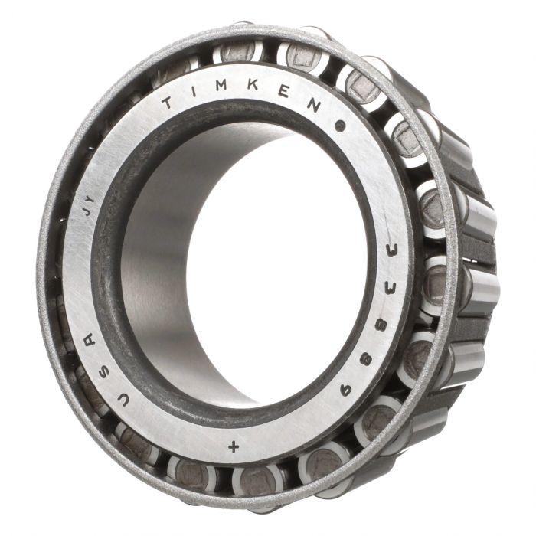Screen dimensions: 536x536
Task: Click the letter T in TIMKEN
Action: click(168, 102)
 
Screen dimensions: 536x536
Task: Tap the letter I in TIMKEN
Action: click(194, 90)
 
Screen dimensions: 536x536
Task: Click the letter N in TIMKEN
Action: click(313, 106)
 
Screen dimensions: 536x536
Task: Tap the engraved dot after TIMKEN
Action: click(340, 126)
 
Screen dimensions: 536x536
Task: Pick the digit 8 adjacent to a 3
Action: click(382, 325)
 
